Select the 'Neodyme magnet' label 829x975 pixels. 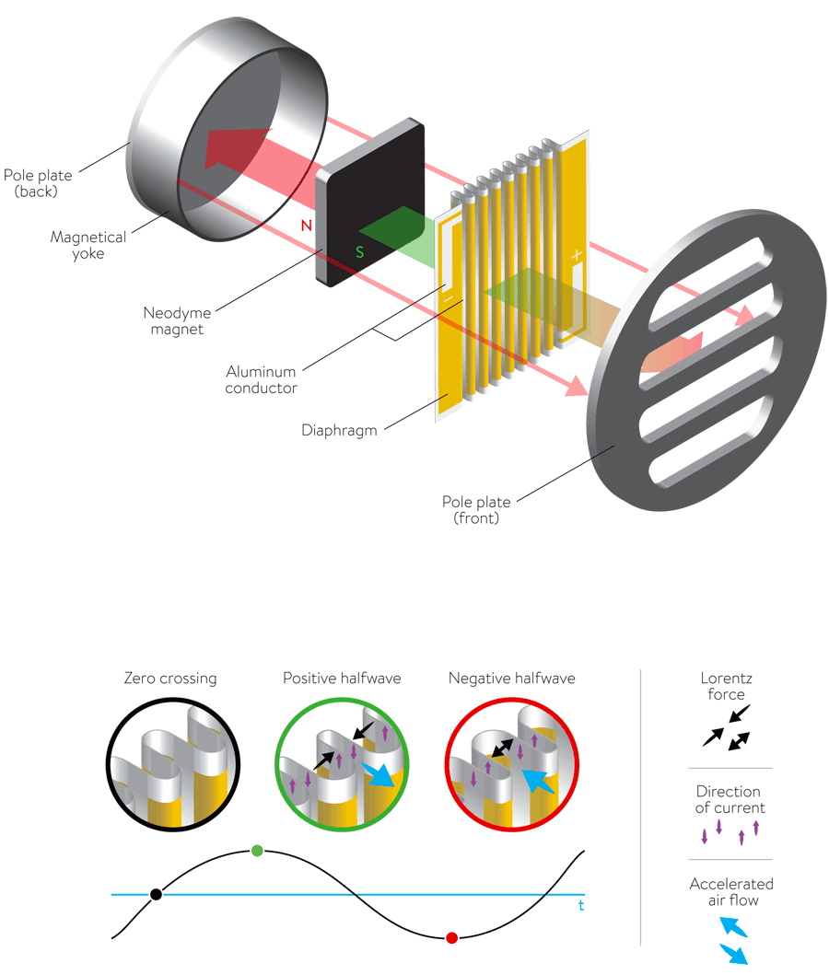tap(177, 318)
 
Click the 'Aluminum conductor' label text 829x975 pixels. tap(261, 379)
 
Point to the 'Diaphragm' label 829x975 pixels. tap(340, 430)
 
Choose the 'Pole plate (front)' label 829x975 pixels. tap(475, 510)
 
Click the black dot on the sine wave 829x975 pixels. tap(157, 894)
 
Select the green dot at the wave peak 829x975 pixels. tap(257, 850)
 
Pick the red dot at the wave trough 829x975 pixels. tap(451, 937)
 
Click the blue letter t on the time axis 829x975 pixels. tap(581, 906)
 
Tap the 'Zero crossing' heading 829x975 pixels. tap(170, 679)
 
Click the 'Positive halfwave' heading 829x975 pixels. tap(342, 679)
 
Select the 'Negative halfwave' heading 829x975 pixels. tap(511, 679)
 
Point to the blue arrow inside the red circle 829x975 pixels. tap(539, 781)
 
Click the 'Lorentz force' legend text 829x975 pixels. tap(726, 686)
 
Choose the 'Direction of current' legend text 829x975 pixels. tap(729, 799)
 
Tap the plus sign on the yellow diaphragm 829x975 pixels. tap(578, 254)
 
